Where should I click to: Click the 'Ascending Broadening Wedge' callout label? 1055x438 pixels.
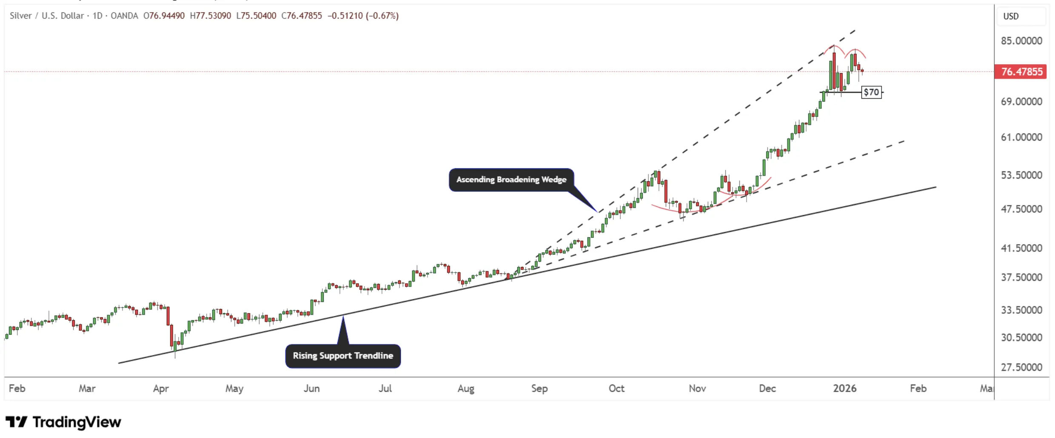coord(511,179)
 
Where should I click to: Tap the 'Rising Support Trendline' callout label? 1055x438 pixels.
coord(343,356)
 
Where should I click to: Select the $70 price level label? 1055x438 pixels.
coord(871,92)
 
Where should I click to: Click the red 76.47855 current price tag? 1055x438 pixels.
coord(1021,71)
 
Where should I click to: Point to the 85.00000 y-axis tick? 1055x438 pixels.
coord(1021,41)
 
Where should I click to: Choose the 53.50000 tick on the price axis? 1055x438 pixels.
coord(1021,175)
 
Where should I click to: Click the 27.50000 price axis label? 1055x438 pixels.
coord(1021,367)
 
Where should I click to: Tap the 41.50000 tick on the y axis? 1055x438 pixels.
coord(1021,248)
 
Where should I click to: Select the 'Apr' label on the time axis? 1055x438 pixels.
coord(161,389)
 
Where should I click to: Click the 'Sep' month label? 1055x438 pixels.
coord(539,389)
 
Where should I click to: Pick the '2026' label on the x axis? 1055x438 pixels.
coord(845,389)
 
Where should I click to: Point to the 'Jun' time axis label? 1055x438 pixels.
coord(311,389)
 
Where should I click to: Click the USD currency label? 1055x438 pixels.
coord(1011,16)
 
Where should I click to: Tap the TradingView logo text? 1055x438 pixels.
coord(77,422)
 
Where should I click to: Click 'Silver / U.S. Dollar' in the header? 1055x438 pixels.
coord(47,16)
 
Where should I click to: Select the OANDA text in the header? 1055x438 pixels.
coord(124,16)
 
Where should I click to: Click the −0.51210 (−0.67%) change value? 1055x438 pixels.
coord(363,16)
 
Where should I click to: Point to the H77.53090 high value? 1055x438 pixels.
coord(211,16)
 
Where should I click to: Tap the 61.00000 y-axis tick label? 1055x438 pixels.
coord(1021,137)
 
